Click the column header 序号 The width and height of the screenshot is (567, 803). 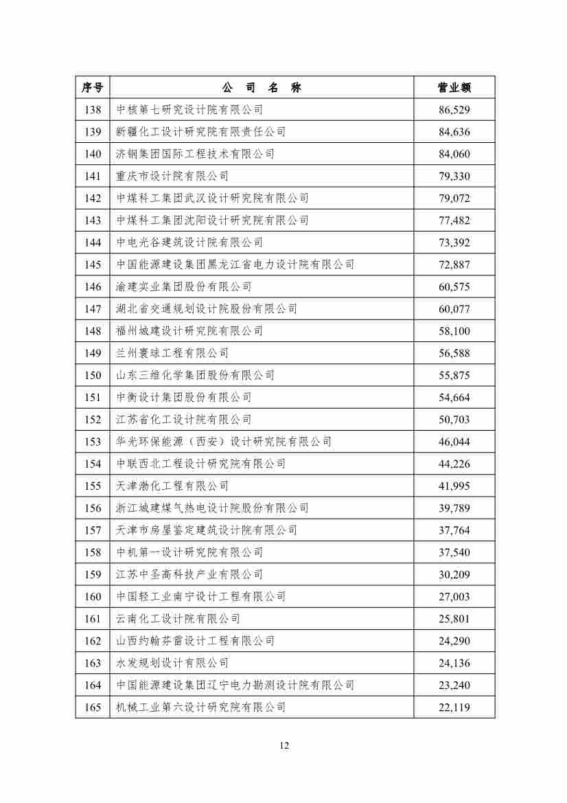[93, 87]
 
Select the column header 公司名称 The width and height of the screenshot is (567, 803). [262, 87]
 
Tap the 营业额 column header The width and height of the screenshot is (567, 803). [454, 87]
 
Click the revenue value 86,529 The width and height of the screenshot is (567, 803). [454, 109]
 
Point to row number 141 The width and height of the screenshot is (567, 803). [93, 176]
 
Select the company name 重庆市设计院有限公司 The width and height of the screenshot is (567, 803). [172, 176]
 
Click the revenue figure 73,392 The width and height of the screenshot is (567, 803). [454, 242]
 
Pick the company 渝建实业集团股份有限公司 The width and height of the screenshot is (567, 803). [184, 286]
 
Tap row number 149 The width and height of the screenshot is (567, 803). [93, 353]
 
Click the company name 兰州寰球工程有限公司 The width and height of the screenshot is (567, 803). [172, 353]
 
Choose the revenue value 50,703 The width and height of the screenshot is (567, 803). [454, 420]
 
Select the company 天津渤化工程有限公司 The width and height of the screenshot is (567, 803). [172, 486]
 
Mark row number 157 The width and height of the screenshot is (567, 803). [93, 530]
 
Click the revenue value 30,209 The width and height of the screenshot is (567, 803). [454, 574]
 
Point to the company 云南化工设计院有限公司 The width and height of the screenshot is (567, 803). [178, 619]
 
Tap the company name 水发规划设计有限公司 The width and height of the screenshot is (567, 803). [172, 663]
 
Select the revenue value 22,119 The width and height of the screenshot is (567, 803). [454, 708]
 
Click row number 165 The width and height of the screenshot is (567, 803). [93, 708]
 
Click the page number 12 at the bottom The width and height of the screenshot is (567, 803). [284, 746]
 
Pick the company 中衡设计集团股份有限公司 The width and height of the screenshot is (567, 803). [184, 397]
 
